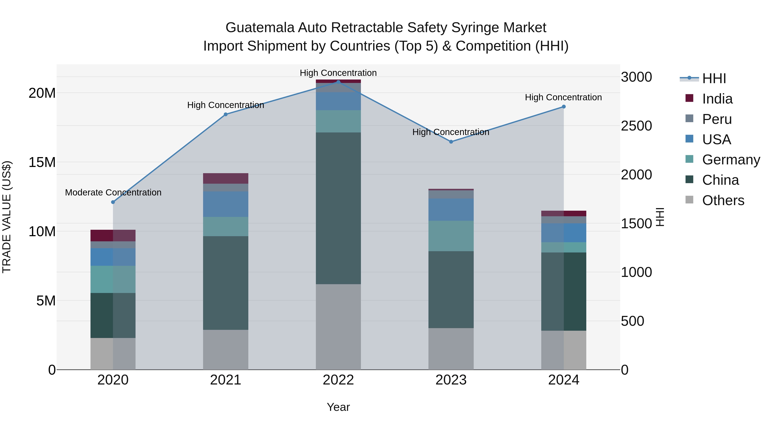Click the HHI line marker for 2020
tap(113, 202)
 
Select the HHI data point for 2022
tap(338, 82)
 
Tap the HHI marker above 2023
tap(451, 142)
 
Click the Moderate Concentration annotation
tap(113, 192)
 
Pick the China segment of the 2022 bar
tap(338, 208)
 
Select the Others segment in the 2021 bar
tap(226, 350)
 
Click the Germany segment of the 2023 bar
tap(451, 236)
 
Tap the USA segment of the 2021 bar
tap(226, 204)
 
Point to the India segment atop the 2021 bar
tap(226, 178)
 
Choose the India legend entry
tap(717, 99)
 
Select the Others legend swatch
tap(689, 200)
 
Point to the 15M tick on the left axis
tap(42, 162)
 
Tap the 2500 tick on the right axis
tap(636, 126)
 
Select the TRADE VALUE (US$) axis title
tap(7, 217)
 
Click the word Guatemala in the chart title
tap(260, 28)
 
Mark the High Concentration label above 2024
tap(563, 97)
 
